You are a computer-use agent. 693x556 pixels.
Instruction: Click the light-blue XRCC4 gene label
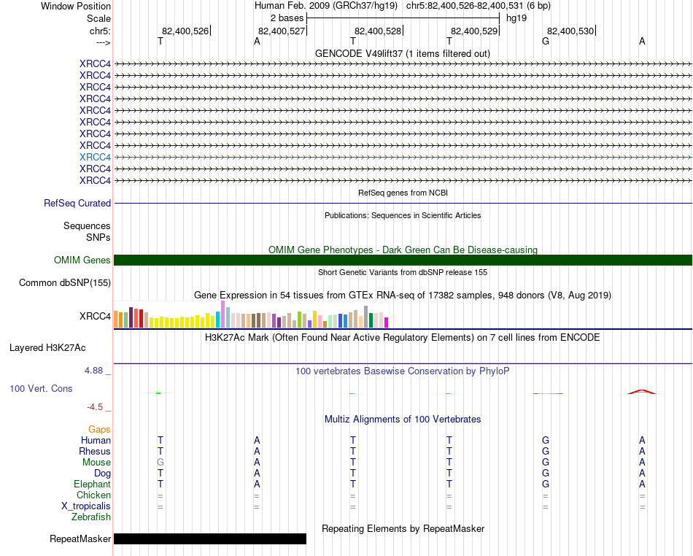click(95, 157)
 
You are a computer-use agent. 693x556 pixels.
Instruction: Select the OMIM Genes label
click(82, 260)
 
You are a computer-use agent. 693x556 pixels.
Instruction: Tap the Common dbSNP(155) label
click(65, 283)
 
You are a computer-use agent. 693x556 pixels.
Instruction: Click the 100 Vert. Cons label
click(41, 389)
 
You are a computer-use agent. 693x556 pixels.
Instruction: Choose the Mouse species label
click(96, 463)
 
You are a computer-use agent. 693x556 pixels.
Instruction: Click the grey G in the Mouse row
click(160, 463)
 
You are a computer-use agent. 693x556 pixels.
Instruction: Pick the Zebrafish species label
click(91, 517)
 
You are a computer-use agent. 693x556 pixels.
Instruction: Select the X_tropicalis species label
click(86, 506)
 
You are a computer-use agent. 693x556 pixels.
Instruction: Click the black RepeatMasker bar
click(210, 539)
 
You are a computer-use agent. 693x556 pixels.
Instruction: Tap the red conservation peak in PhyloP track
click(642, 392)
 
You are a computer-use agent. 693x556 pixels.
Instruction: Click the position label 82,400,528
click(377, 31)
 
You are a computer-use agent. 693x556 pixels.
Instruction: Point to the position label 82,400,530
click(570, 31)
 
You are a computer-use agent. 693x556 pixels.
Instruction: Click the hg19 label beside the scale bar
click(516, 18)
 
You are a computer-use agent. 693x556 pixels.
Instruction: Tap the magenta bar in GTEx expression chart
click(387, 322)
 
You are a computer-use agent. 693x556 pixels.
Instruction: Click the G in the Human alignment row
click(546, 441)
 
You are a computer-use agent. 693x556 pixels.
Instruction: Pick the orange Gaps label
click(99, 430)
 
